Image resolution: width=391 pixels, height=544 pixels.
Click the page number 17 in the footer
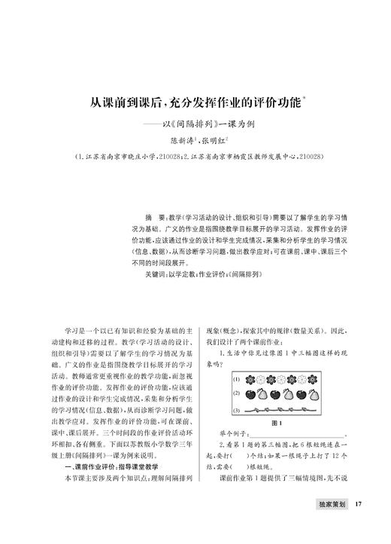(x=359, y=504)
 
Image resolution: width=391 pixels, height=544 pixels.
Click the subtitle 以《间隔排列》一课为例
(x=207, y=122)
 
